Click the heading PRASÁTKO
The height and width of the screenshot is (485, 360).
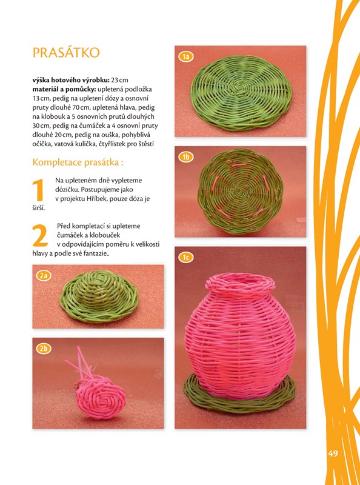point(66,53)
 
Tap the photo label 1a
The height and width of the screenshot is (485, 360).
point(186,56)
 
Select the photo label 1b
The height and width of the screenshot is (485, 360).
point(186,157)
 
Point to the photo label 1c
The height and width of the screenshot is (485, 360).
point(186,257)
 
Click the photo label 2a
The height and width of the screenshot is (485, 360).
point(44,276)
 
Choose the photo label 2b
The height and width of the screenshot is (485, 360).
point(44,349)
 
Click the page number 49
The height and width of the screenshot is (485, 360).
point(333,453)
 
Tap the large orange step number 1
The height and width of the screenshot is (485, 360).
point(38,190)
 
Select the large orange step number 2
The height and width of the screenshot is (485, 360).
point(40,235)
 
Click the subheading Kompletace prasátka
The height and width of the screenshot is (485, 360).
point(78,162)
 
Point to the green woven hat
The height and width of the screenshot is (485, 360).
point(99,296)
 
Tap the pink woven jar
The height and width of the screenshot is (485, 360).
point(240,336)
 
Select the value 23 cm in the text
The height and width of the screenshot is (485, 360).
point(119,80)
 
